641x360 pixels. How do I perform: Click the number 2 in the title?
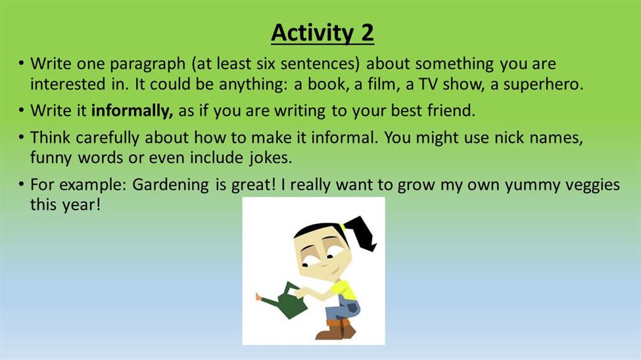(367, 32)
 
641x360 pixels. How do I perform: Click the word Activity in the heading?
(312, 33)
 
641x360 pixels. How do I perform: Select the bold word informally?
(131, 111)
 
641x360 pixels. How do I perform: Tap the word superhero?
(543, 84)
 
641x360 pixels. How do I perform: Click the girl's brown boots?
(335, 329)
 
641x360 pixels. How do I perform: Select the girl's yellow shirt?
(344, 289)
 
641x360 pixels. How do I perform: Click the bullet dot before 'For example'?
(21, 185)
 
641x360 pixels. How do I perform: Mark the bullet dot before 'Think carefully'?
(21, 137)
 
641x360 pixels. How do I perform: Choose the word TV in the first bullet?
(428, 84)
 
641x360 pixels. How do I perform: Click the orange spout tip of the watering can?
(258, 297)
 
